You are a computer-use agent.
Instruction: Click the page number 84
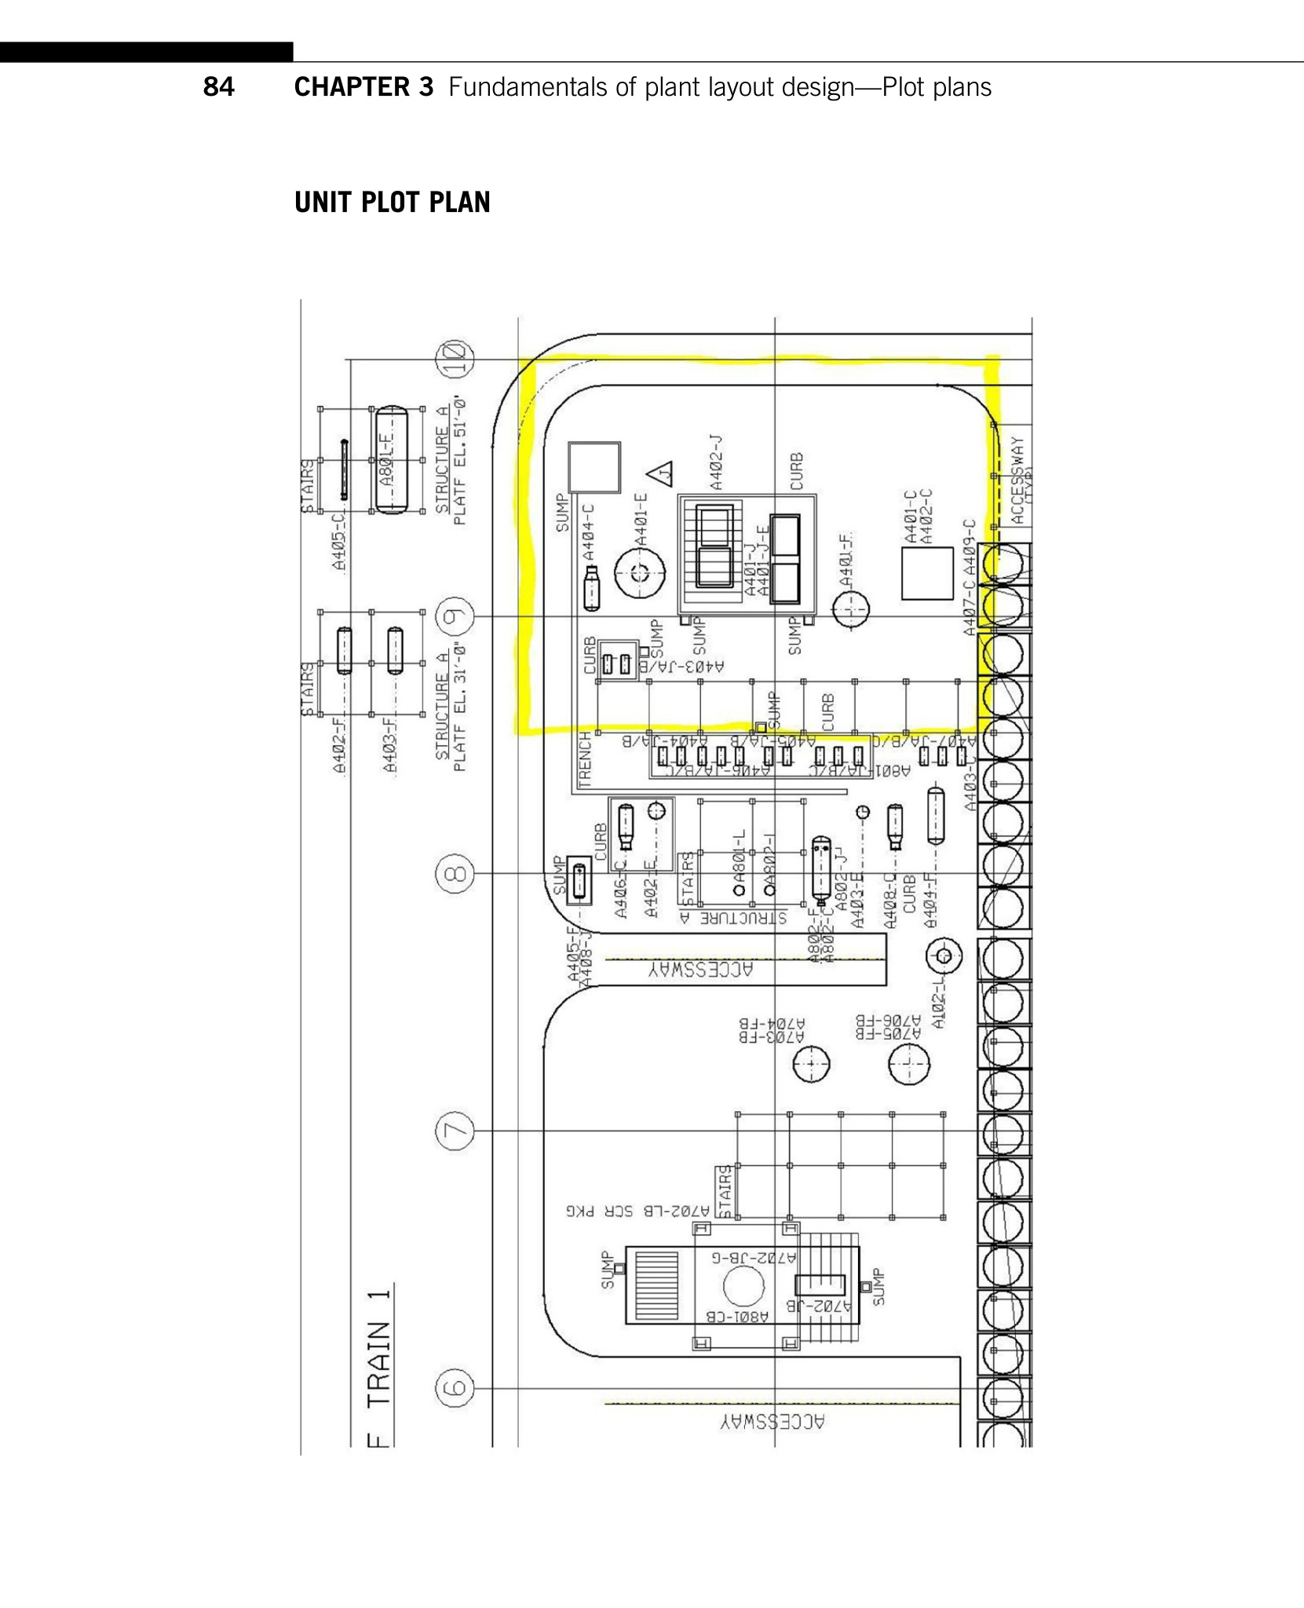[218, 86]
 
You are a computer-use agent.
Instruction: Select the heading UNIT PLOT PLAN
[392, 203]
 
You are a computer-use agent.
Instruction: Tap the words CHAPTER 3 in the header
[363, 86]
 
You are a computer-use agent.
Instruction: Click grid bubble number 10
[455, 360]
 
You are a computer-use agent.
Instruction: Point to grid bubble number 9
[455, 617]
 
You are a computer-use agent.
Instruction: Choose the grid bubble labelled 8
[455, 874]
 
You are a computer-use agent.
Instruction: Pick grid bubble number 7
[455, 1131]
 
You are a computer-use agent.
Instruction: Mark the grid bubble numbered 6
[455, 1388]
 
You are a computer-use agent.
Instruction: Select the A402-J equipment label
[716, 464]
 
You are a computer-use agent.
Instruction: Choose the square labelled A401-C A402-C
[927, 573]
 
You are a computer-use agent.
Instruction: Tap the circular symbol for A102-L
[944, 956]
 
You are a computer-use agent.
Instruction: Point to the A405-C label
[338, 541]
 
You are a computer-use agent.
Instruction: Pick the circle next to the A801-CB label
[743, 1286]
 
